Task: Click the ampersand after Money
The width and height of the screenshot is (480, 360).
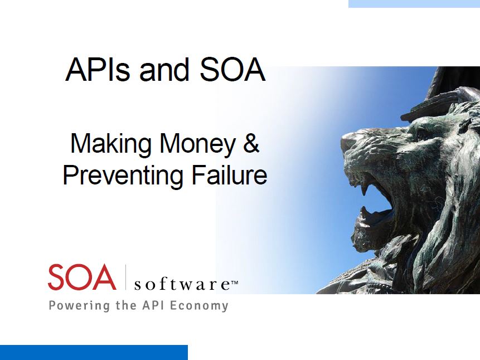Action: [x=251, y=143]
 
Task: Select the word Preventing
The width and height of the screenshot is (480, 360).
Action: [x=123, y=177]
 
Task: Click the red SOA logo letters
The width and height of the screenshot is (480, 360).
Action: [x=82, y=278]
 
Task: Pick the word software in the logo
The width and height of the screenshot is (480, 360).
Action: [x=182, y=284]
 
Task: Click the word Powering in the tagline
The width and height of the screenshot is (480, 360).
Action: [x=79, y=306]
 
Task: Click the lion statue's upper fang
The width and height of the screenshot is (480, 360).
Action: [x=364, y=190]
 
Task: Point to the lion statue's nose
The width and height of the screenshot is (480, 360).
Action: [x=348, y=140]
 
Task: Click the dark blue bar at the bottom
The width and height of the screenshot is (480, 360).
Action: [x=94, y=353]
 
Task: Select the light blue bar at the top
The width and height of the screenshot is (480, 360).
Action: [x=414, y=4]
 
